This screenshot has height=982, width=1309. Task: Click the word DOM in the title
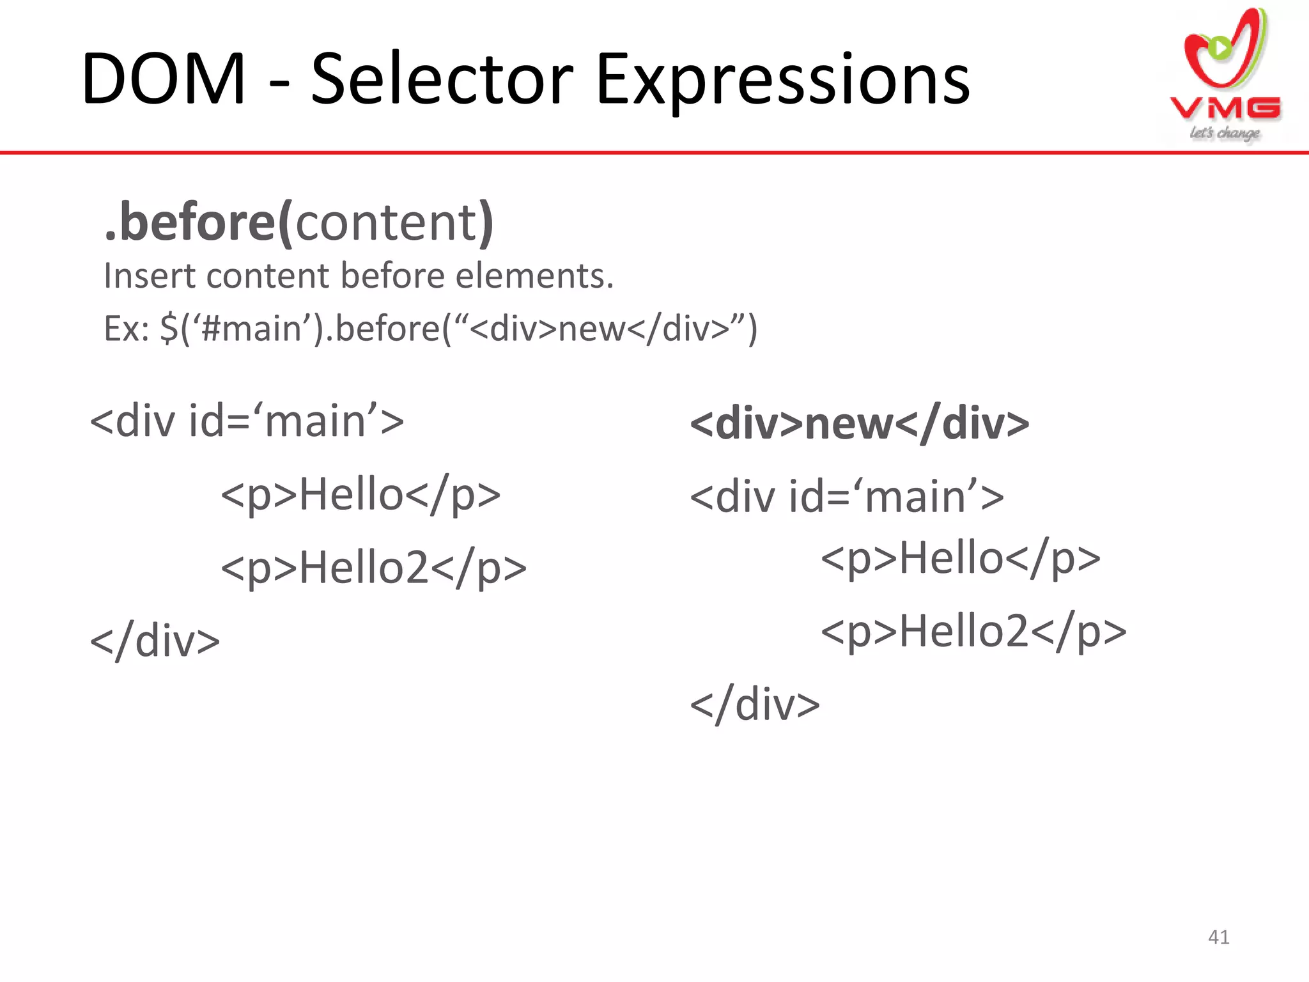tap(163, 80)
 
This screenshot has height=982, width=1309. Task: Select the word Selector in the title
tap(442, 80)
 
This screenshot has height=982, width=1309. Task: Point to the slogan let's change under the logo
tap(1224, 133)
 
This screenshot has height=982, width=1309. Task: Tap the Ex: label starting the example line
tap(126, 329)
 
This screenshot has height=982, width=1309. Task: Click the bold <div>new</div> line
tap(860, 423)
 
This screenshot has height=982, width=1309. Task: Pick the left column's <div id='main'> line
tap(247, 421)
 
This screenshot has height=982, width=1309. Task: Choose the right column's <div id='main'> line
tap(847, 497)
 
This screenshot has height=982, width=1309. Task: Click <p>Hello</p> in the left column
tap(360, 494)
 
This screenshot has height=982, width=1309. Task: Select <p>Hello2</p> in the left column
tap(373, 568)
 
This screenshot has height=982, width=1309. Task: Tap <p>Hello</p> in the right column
tap(960, 557)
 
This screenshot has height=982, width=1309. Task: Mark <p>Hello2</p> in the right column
tap(973, 631)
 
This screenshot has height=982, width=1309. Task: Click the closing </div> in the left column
tap(155, 641)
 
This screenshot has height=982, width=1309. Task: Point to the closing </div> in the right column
tap(755, 705)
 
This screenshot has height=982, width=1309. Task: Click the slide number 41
tap(1219, 937)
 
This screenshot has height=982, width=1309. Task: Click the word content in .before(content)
tap(386, 222)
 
